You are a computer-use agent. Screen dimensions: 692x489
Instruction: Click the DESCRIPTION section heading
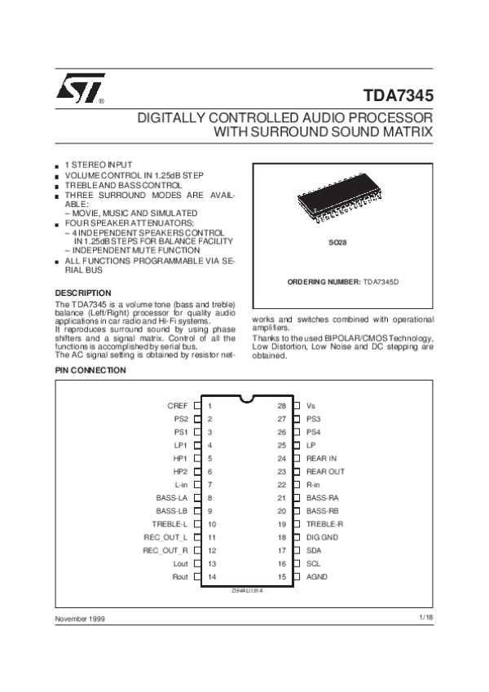click(x=82, y=293)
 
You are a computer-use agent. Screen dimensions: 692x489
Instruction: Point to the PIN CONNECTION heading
click(x=90, y=370)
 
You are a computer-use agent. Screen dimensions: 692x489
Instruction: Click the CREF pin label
click(x=178, y=405)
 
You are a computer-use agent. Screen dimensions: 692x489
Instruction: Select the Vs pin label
click(x=311, y=405)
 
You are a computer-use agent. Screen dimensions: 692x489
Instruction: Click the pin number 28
click(x=281, y=405)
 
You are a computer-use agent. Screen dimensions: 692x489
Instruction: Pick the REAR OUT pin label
click(x=325, y=471)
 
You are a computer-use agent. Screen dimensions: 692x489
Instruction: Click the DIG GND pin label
click(x=323, y=537)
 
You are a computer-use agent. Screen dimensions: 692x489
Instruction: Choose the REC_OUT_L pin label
click(x=165, y=537)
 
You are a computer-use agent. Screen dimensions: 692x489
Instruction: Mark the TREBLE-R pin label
click(x=324, y=524)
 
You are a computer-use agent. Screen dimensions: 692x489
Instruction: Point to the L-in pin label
click(x=180, y=484)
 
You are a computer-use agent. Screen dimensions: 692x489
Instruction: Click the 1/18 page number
click(x=426, y=619)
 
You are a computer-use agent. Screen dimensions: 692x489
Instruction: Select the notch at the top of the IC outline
click(x=245, y=399)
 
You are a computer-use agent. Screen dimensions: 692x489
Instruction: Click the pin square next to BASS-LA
click(x=197, y=497)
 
